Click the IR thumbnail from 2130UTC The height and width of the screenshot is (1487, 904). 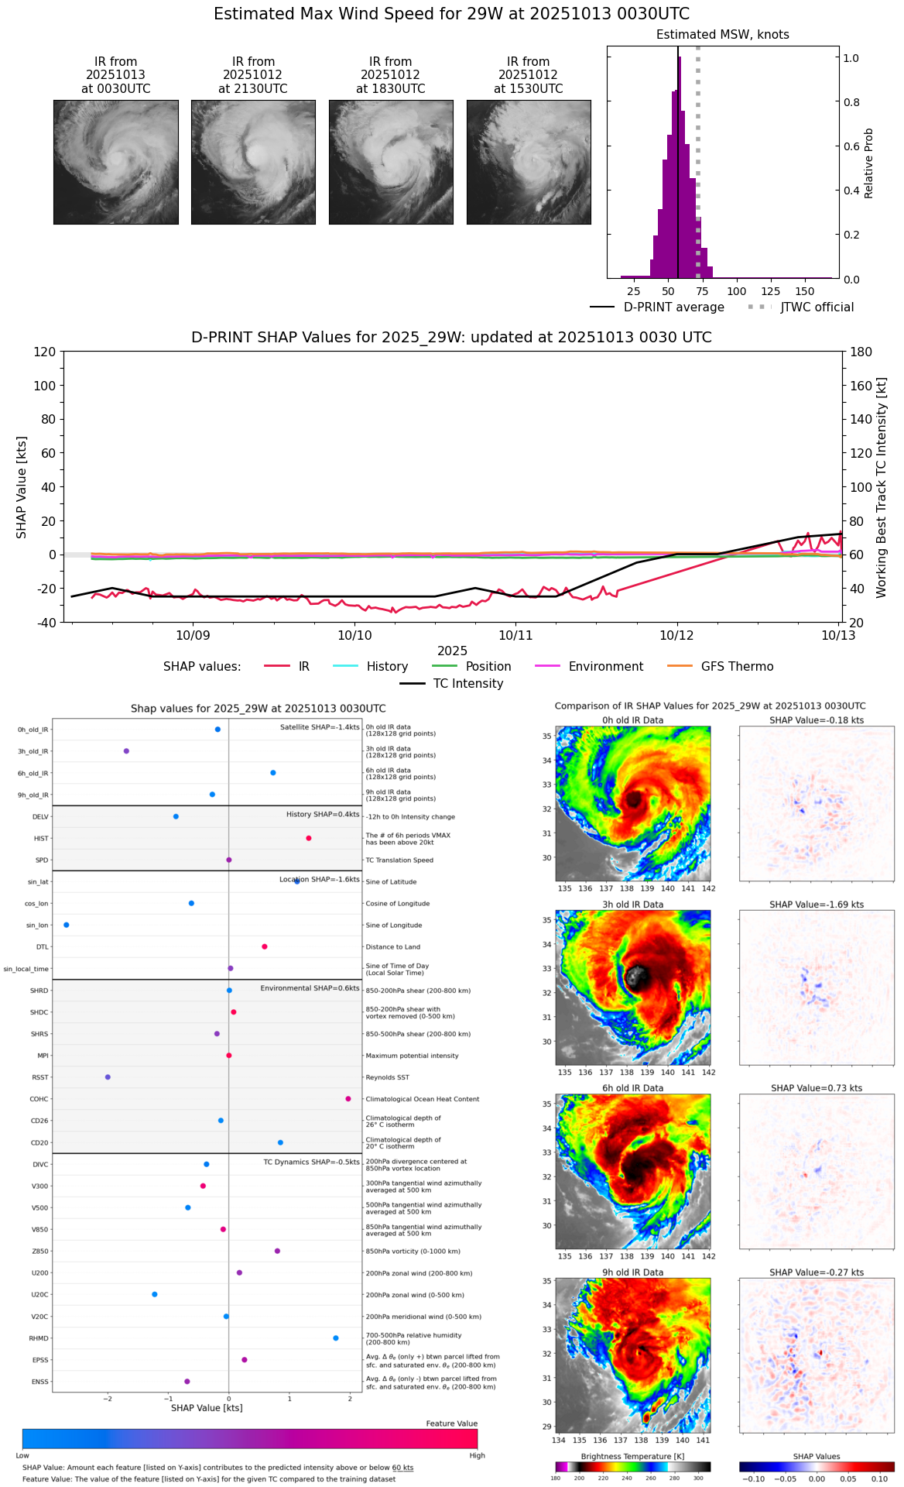point(253,162)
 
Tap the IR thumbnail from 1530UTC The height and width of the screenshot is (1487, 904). point(529,162)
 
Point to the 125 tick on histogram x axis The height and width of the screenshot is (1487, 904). point(771,291)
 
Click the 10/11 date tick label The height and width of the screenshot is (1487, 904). point(515,636)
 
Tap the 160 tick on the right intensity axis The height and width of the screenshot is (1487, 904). point(861,386)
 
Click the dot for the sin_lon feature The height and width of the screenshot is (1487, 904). point(67,925)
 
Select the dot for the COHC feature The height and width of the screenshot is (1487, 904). point(348,1099)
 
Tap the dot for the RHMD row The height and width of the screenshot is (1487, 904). point(336,1338)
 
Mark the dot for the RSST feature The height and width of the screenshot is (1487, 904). point(108,1077)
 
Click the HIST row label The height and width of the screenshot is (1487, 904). point(41,839)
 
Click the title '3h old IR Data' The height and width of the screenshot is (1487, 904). point(632,905)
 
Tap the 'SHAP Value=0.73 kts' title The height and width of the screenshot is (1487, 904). point(817,1088)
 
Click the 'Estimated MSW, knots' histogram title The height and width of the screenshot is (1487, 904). point(722,35)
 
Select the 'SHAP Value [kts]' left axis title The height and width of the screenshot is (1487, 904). point(22,487)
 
